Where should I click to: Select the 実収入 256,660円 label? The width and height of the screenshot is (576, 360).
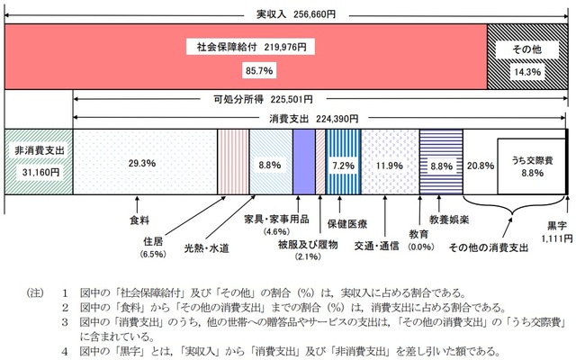click(288, 13)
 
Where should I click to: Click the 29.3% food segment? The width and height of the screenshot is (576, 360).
click(144, 164)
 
